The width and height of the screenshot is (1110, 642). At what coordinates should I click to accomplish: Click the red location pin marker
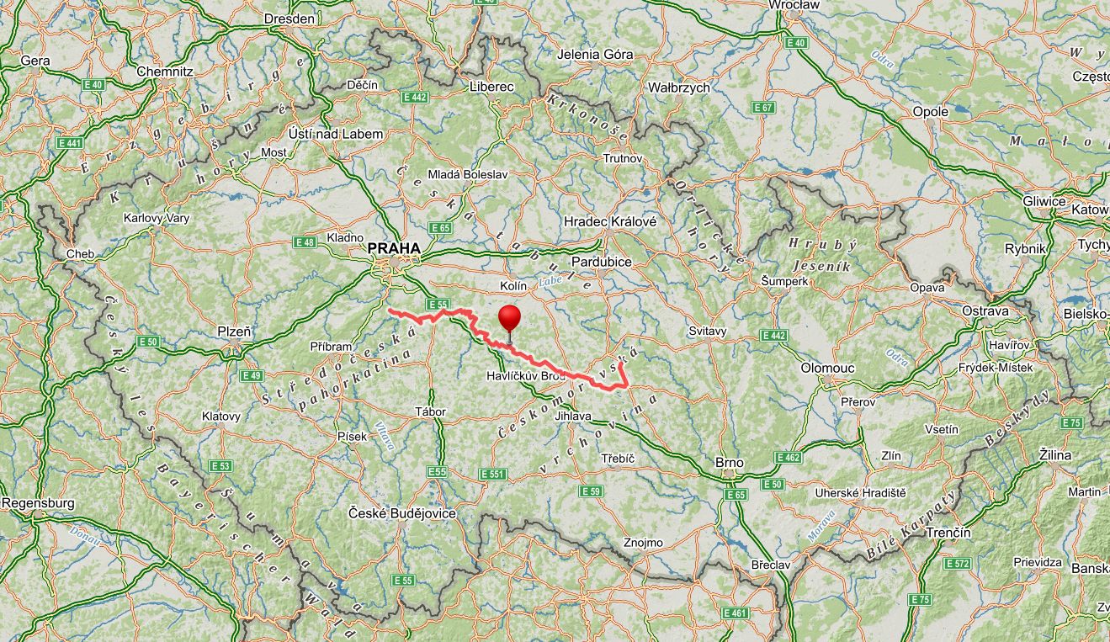coord(509,321)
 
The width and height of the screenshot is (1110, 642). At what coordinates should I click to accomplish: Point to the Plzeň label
coord(235,332)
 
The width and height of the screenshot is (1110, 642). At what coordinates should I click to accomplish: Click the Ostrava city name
coord(985,310)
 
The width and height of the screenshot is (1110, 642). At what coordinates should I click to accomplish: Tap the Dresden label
coord(289,19)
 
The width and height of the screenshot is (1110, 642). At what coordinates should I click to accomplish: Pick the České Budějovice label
coord(402,512)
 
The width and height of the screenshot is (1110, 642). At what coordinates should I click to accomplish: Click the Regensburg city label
coord(38,503)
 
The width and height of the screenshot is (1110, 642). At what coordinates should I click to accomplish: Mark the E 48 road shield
coord(305,242)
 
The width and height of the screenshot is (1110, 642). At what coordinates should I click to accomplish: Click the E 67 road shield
coord(763,108)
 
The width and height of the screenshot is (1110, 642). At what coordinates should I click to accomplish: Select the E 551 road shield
coord(493,475)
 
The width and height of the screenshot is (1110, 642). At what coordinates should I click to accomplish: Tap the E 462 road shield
coord(789,458)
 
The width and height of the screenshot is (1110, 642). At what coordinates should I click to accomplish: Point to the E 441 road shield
coord(70,143)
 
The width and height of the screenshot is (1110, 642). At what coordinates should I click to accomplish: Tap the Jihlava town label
coord(574,416)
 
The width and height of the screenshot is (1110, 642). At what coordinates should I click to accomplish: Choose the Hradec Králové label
coord(610,220)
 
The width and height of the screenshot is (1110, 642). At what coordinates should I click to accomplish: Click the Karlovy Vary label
coord(157,218)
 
